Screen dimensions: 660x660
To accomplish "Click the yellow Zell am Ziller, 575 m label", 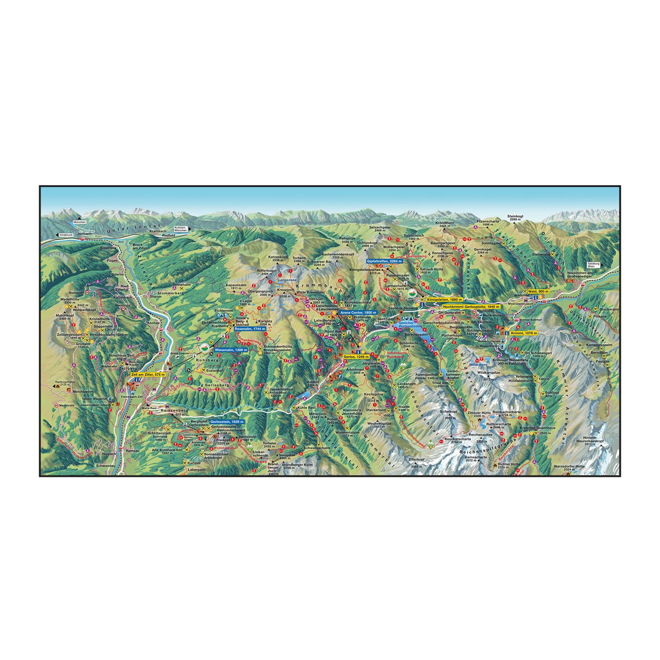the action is [x=148, y=374].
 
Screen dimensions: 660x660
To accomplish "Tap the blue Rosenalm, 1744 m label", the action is [x=250, y=329].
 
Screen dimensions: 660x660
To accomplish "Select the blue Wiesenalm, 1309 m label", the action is [x=231, y=350].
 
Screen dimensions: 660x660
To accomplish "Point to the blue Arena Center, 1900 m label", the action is [x=358, y=312].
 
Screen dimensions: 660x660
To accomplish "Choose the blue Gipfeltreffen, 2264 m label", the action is [x=384, y=261].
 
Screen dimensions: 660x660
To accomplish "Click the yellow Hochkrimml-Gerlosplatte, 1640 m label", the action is [x=471, y=306].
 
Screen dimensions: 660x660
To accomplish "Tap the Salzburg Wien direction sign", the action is [x=593, y=265].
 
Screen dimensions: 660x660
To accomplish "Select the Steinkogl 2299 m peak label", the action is [x=514, y=218].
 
